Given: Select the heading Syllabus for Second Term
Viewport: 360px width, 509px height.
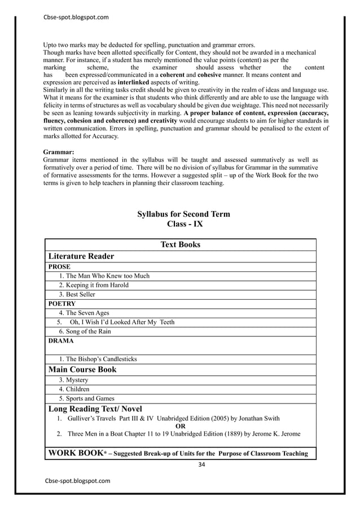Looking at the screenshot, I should tap(184, 214).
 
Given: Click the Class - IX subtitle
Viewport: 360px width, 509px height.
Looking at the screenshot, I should tap(185, 224).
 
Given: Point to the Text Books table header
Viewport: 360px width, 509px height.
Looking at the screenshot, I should tap(181, 244).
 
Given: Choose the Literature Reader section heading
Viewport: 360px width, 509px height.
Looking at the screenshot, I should tap(81, 256).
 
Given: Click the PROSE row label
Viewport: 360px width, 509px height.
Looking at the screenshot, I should tap(59, 266).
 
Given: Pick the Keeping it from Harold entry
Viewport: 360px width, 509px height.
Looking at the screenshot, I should tap(94, 285).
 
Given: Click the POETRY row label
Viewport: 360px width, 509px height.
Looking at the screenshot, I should tap(62, 304).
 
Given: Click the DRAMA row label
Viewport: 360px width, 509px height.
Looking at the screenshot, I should tap(60, 341).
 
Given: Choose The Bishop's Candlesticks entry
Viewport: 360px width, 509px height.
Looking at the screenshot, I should tap(98, 359).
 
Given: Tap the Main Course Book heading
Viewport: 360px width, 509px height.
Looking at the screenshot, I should tap(83, 370).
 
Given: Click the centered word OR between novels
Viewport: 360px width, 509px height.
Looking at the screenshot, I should tap(181, 427).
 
